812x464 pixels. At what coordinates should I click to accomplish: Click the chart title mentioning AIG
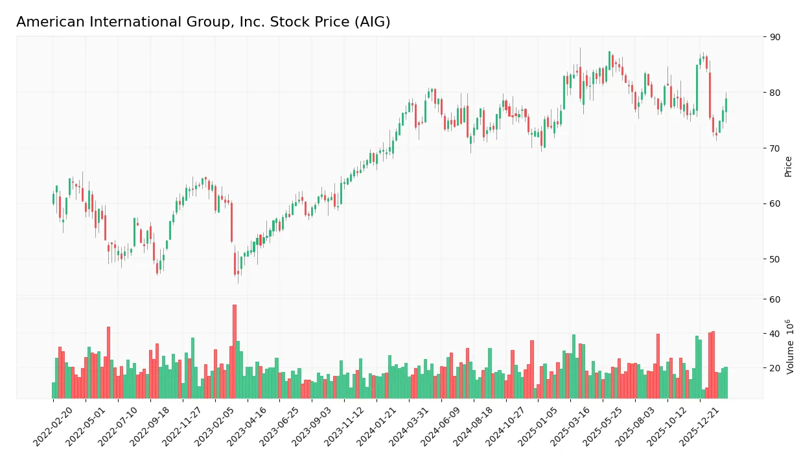coord(203,22)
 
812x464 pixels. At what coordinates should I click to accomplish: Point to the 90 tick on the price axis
coord(774,37)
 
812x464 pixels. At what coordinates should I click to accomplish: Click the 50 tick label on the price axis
coord(774,259)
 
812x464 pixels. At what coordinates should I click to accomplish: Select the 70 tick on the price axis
coord(774,148)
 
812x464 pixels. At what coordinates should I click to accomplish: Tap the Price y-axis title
coord(788,167)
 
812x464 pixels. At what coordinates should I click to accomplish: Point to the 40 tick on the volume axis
coord(774,334)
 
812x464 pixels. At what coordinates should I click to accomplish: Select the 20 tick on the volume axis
coord(774,368)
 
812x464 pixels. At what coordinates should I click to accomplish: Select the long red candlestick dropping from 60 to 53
coord(231,222)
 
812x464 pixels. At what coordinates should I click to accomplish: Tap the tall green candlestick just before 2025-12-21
coord(697,87)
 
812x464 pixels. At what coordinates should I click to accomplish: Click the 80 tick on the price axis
coord(774,93)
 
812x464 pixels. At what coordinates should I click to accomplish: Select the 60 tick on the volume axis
coord(774,299)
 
